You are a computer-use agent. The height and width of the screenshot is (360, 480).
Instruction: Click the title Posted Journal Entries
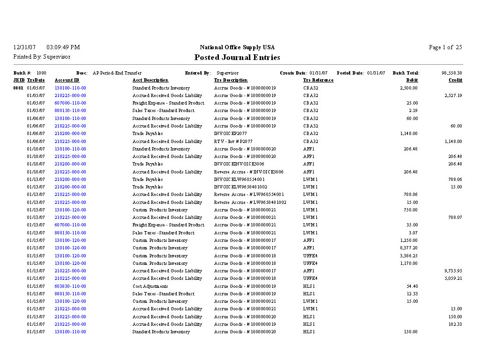pyautogui.click(x=237, y=58)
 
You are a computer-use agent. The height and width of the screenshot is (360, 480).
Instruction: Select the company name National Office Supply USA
pyautogui.click(x=237, y=47)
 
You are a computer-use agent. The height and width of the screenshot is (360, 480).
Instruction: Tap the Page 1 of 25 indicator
pyautogui.click(x=445, y=47)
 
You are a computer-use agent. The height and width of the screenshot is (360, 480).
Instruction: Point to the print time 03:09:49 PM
pyautogui.click(x=63, y=47)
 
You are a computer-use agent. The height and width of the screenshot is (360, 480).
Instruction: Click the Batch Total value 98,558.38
pyautogui.click(x=452, y=73)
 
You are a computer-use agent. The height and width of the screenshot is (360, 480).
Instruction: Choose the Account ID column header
pyautogui.click(x=67, y=80)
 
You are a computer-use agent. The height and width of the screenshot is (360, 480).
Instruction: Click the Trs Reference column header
pyautogui.click(x=318, y=80)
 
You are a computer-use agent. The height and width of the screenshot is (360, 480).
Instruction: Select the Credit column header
pyautogui.click(x=455, y=80)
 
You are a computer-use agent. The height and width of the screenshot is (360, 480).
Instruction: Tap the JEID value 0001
pyautogui.click(x=18, y=88)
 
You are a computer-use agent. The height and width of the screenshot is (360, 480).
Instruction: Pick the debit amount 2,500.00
pyautogui.click(x=409, y=88)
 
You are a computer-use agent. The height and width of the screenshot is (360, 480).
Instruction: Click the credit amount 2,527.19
pyautogui.click(x=453, y=96)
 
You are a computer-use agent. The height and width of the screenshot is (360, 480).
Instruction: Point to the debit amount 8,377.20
pyautogui.click(x=409, y=248)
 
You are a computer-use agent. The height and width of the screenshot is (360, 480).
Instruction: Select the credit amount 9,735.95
pyautogui.click(x=453, y=271)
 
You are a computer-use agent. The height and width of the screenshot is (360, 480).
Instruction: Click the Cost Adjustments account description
pyautogui.click(x=150, y=286)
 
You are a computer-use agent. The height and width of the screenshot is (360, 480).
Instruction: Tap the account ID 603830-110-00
pyautogui.click(x=70, y=286)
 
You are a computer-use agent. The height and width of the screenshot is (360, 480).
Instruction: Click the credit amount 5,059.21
pyautogui.click(x=453, y=278)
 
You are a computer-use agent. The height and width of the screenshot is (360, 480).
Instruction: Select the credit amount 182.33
pyautogui.click(x=455, y=324)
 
